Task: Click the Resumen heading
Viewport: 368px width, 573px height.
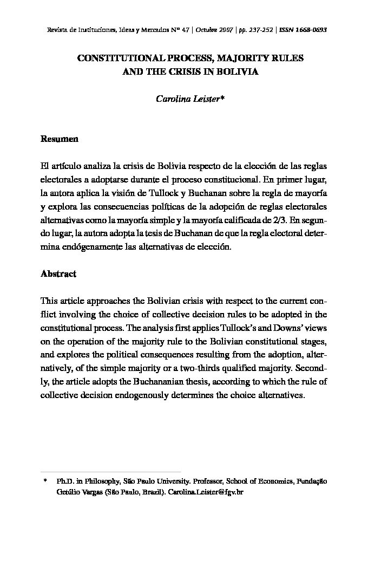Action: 60,139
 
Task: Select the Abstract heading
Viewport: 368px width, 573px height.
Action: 58,274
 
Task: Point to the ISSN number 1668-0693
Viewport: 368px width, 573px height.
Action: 308,29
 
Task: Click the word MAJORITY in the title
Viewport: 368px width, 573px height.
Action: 225,57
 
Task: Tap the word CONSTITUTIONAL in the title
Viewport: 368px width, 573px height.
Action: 116,57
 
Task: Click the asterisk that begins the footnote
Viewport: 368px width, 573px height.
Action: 45,481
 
